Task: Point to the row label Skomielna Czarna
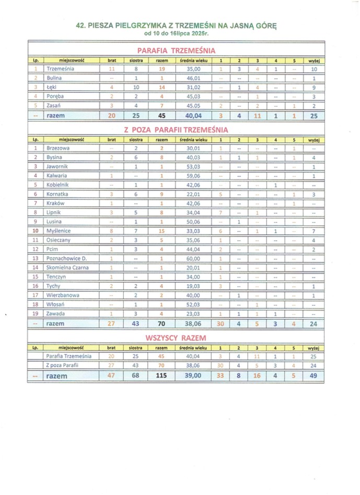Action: (x=67, y=268)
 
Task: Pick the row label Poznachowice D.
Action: (x=66, y=258)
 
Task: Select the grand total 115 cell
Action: (x=160, y=375)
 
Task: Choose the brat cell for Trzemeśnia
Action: (x=111, y=69)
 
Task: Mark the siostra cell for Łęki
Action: (x=135, y=87)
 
